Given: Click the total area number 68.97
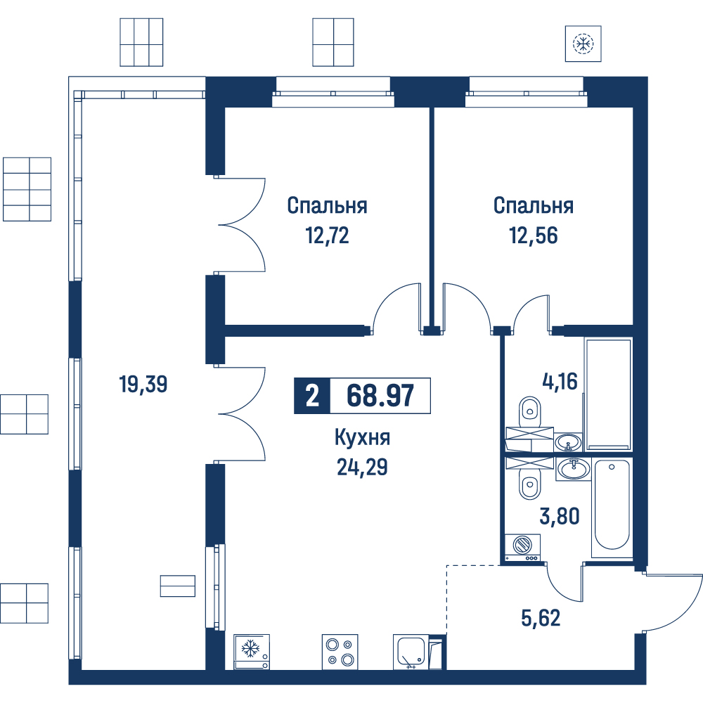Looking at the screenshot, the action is tap(380, 396).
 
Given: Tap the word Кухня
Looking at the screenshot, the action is tap(362, 438).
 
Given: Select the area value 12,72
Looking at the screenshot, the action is tap(327, 235).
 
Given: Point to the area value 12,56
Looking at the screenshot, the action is tap(534, 235).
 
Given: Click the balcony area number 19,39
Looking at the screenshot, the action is tap(143, 385).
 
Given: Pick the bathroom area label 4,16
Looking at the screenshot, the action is tap(560, 381).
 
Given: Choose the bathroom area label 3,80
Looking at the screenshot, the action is tap(559, 516).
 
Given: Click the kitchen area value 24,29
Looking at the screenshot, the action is tap(362, 467).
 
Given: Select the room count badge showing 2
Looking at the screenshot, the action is tap(312, 396).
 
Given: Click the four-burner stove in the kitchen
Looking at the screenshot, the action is tap(340, 652).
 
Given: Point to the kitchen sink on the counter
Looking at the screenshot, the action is tap(411, 652).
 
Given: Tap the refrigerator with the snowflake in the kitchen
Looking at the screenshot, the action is tap(252, 652).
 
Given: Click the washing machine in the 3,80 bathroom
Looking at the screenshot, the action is tap(523, 548).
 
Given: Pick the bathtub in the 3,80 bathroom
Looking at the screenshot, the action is tap(612, 508).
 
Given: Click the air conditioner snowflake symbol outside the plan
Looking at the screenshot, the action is tap(583, 44).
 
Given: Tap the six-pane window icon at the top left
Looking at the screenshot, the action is tap(141, 43).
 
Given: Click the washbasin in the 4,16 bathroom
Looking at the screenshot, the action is tap(569, 442).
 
